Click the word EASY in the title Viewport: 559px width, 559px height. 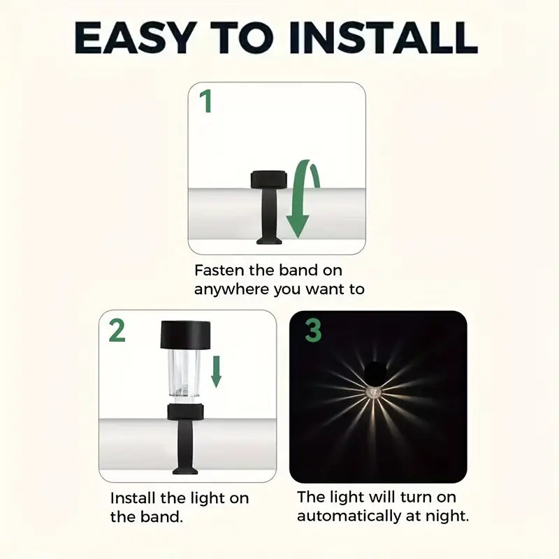[x=136, y=38]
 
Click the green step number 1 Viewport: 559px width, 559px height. [x=206, y=101]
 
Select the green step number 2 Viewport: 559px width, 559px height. [x=117, y=331]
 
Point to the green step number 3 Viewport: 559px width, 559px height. [x=313, y=331]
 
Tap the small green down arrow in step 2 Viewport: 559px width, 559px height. [x=216, y=372]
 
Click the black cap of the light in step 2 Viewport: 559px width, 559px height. [x=185, y=335]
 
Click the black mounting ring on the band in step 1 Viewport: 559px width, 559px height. [x=269, y=180]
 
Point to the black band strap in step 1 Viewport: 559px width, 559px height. [x=269, y=216]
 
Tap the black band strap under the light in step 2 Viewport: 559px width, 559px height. [x=185, y=447]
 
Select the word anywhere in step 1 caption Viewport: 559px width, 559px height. [x=231, y=289]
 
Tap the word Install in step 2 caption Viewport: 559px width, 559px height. [x=133, y=498]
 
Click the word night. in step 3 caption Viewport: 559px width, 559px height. [x=447, y=516]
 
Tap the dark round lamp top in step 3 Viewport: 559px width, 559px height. [x=375, y=372]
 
